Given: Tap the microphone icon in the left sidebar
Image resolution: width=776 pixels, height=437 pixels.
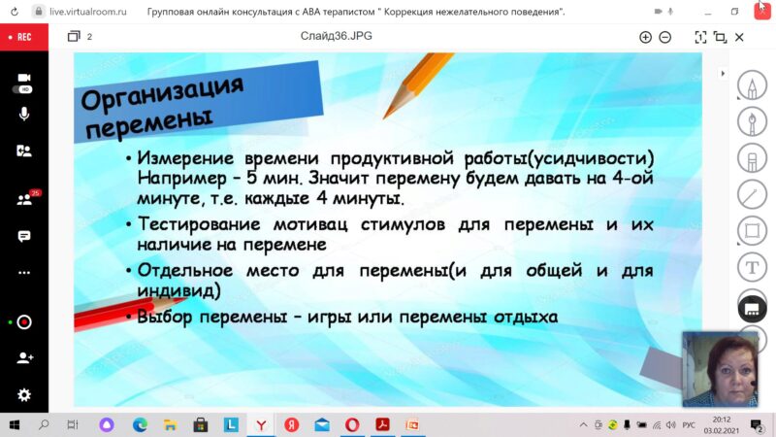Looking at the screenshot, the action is click(x=23, y=115).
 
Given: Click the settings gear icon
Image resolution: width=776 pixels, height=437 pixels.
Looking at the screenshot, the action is click(x=23, y=395).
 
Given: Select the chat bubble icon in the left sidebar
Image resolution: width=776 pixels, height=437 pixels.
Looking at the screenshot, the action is click(x=23, y=236).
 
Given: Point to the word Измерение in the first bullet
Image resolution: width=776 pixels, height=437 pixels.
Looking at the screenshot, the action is click(x=185, y=158).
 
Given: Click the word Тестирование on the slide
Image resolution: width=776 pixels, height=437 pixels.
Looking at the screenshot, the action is click(x=199, y=224).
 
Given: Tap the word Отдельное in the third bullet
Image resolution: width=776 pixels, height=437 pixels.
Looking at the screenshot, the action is click(x=185, y=271).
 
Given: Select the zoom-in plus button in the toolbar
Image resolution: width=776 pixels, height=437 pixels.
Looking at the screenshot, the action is click(x=645, y=37).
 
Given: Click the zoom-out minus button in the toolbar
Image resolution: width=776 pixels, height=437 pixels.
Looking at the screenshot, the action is click(x=665, y=37).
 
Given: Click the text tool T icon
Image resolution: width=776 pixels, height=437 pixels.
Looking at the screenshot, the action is click(x=753, y=268).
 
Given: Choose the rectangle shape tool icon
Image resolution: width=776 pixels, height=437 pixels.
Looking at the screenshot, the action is click(x=753, y=231).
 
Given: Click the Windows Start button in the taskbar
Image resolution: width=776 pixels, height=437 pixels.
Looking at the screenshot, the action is click(x=15, y=424).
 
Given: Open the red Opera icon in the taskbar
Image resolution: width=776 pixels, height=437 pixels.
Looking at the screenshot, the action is click(x=352, y=424).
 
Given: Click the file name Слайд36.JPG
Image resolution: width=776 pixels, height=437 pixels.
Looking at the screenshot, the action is click(x=336, y=36).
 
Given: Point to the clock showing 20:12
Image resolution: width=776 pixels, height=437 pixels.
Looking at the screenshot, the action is click(x=722, y=420).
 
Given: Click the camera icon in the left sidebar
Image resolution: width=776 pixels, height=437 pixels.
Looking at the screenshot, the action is click(x=24, y=78).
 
